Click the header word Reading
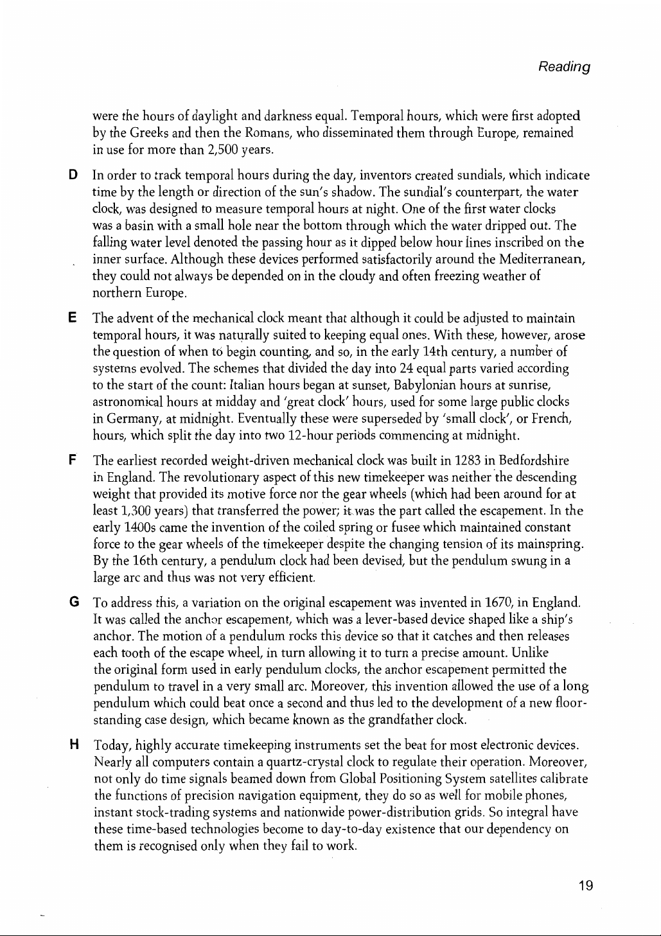(x=565, y=67)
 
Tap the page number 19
(x=585, y=886)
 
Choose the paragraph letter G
(x=74, y=603)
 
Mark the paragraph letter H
(x=74, y=745)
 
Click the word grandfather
(x=401, y=720)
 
